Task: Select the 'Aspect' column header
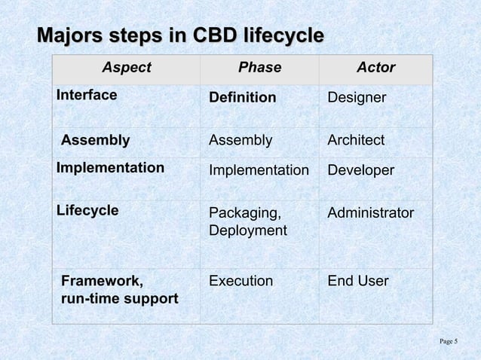tap(127, 68)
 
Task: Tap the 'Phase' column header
tap(259, 68)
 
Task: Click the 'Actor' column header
tap(375, 68)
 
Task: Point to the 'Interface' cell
tap(87, 96)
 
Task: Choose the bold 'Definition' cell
tap(242, 99)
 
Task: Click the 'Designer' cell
tap(357, 99)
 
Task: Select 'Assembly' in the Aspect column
tap(95, 140)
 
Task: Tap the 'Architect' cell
tap(356, 141)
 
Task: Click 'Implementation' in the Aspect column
tap(111, 167)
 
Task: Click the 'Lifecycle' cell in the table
tap(88, 210)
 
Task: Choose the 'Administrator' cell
tap(370, 213)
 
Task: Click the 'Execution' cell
tap(240, 282)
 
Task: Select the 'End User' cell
tap(358, 282)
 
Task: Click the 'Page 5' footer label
tap(448, 342)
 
